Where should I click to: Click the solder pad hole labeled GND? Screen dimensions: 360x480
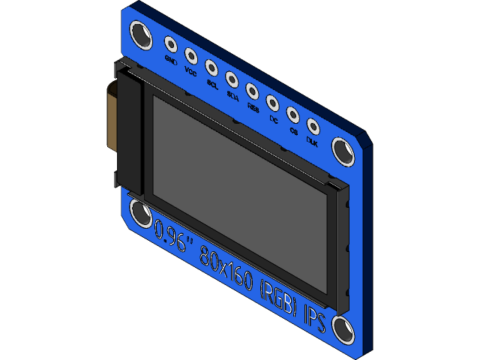tap(170, 44)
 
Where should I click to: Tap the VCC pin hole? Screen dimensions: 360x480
tap(190, 55)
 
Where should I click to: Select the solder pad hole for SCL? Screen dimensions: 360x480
tap(211, 67)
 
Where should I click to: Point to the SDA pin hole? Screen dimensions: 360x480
tap(232, 78)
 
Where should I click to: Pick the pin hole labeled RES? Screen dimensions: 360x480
tap(252, 90)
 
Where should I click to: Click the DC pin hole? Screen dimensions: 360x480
tap(272, 102)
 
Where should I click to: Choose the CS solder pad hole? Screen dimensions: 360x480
tap(292, 115)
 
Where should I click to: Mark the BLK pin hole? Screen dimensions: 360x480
tap(313, 127)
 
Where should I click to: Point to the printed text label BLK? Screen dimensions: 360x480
tap(313, 142)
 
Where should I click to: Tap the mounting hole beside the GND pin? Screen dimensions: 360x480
tap(140, 32)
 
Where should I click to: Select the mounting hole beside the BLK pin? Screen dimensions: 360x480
tap(344, 151)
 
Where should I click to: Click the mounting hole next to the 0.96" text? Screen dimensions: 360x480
tap(140, 213)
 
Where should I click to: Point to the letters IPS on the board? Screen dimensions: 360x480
tap(315, 319)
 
